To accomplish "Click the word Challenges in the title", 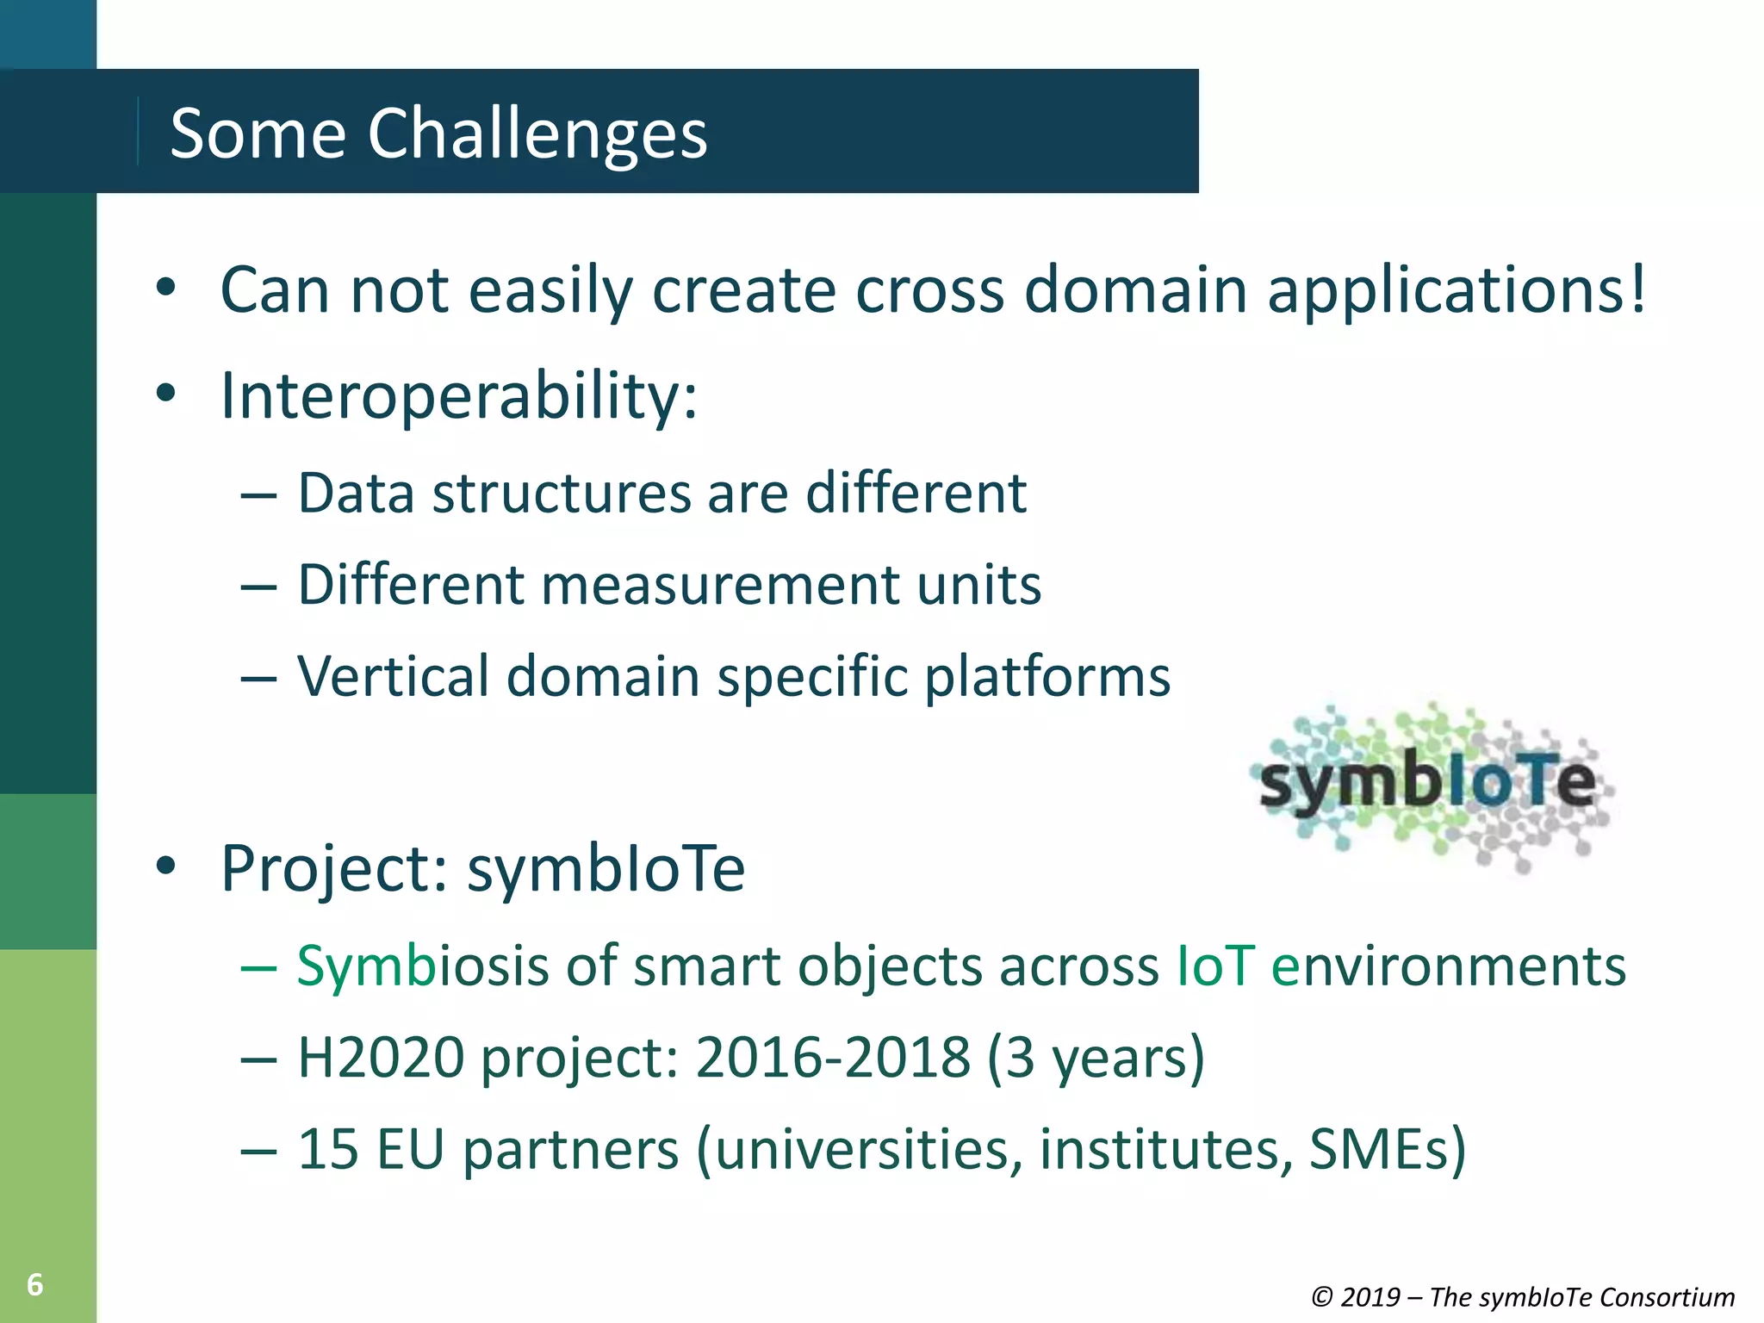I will pos(537,134).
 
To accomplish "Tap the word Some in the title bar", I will pos(258,134).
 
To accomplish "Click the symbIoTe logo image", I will pos(1430,784).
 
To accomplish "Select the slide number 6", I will pos(34,1284).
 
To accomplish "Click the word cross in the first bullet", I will pos(929,290).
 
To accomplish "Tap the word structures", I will pos(560,494).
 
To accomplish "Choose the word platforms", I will pos(1047,678).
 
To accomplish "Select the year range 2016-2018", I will pos(832,1058).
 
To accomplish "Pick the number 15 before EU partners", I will pos(328,1149).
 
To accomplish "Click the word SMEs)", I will pos(1387,1149).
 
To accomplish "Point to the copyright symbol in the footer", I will pos(1322,1296).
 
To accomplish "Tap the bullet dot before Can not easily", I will pos(166,289).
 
